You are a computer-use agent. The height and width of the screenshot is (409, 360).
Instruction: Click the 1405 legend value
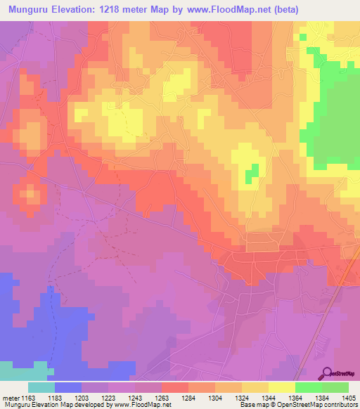click(348, 398)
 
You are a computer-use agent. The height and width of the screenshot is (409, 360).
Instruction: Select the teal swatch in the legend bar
click(41, 387)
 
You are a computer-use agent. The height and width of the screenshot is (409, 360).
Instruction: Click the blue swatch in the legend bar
click(68, 387)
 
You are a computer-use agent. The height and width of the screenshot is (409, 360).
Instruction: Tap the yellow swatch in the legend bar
click(281, 387)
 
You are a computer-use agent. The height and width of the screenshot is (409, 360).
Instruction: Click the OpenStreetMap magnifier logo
click(327, 374)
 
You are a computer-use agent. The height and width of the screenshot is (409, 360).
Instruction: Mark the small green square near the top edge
click(303, 36)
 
